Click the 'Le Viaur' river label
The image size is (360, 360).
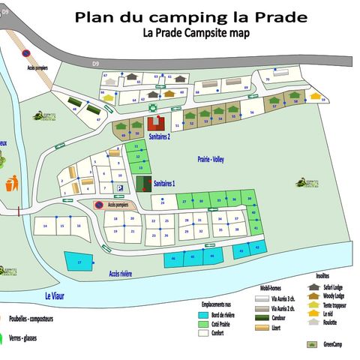[55, 296]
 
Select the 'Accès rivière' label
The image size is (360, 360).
[120, 274]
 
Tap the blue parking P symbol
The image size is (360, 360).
[119, 187]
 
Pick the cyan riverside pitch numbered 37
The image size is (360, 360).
[79, 262]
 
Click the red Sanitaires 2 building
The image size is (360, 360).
[157, 123]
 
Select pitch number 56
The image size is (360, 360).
[253, 112]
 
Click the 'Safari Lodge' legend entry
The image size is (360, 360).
[334, 287]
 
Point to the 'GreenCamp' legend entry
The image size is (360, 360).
[330, 345]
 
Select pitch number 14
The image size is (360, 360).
[46, 226]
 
